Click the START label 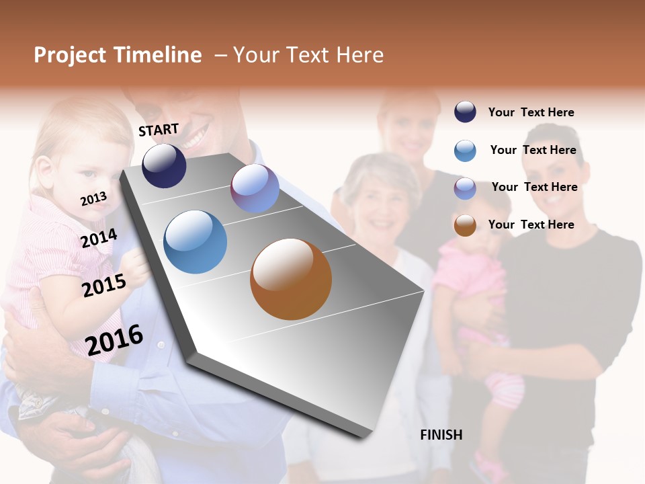[159, 130]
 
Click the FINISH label [441, 435]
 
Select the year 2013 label [93, 199]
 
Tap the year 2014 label [99, 238]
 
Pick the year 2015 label [104, 286]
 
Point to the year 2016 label [114, 339]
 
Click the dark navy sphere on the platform [164, 165]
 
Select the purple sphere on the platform [255, 188]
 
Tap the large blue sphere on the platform [195, 242]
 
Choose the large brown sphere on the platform [291, 279]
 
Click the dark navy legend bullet [465, 112]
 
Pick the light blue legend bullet [465, 151]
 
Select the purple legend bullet [465, 188]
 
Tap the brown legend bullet [465, 225]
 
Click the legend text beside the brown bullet [531, 225]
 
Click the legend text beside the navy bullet [531, 112]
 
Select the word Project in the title [70, 55]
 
